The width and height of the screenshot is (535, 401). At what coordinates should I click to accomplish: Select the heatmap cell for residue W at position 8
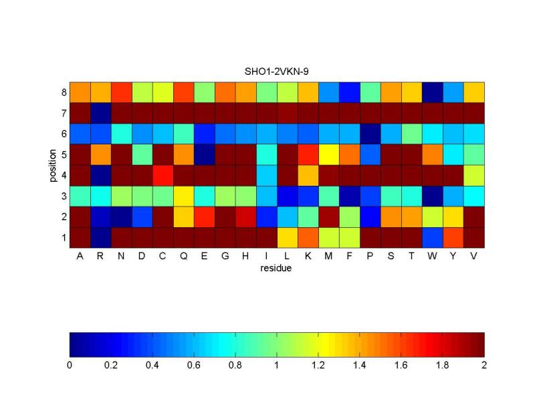tap(433, 92)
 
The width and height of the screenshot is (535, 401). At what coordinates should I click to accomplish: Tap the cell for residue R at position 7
tap(101, 112)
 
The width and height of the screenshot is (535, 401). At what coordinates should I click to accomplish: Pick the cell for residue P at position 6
tap(370, 133)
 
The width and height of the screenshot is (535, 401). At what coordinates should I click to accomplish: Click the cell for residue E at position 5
tap(205, 154)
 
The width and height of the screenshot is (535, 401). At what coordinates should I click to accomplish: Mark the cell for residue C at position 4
tap(163, 174)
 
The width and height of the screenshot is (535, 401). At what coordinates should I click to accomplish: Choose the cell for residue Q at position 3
tap(184, 195)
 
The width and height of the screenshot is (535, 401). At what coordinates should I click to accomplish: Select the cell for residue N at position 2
tap(122, 216)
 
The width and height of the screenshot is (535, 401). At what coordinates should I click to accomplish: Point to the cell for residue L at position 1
tap(288, 237)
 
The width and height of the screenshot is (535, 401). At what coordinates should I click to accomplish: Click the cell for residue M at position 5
tap(329, 154)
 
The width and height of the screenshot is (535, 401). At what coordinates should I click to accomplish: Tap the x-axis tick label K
tap(308, 257)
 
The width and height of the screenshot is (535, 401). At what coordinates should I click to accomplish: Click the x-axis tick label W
tap(433, 257)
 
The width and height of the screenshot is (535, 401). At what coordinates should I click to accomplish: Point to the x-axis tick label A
tap(80, 257)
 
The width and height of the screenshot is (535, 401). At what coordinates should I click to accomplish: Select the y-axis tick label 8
tap(63, 92)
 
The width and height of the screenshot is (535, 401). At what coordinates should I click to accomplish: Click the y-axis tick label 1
tap(63, 237)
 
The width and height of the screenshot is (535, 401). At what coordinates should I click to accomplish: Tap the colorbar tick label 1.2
tap(318, 366)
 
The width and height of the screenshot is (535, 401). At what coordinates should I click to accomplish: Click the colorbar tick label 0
tap(70, 366)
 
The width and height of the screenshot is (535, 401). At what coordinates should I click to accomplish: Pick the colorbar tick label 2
tap(484, 366)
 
